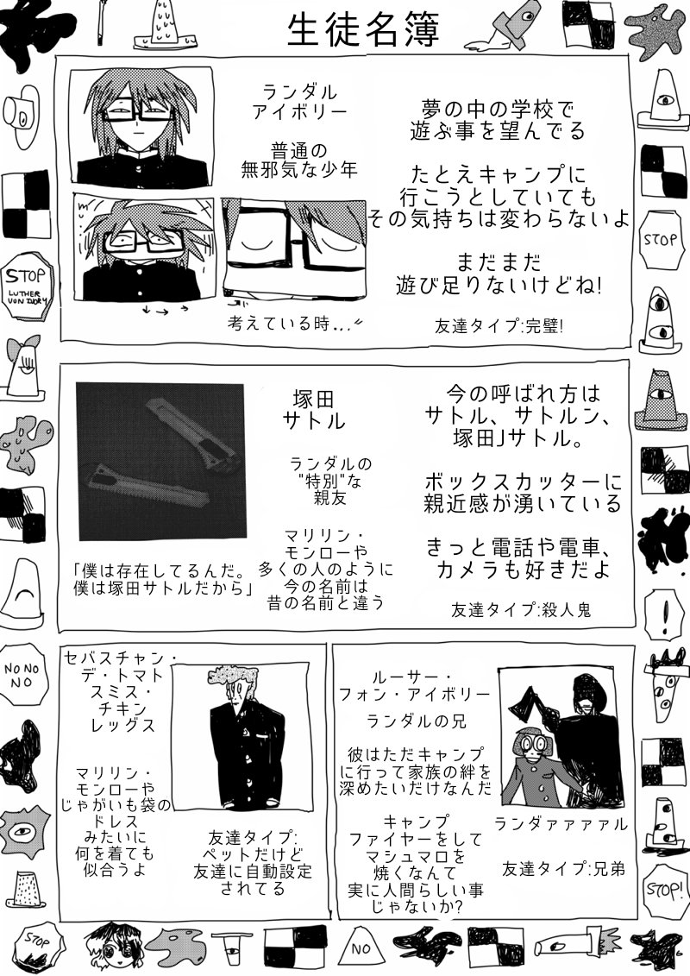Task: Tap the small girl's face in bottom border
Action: pyautogui.click(x=110, y=947)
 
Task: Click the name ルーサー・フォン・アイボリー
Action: pyautogui.click(x=426, y=683)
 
